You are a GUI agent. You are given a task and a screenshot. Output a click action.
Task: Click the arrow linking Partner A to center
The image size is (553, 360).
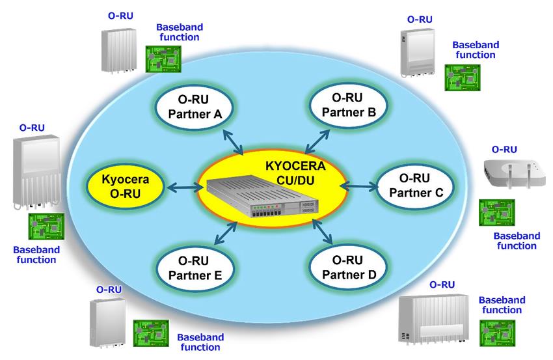232,141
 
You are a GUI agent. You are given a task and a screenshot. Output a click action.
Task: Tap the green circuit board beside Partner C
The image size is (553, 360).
496,213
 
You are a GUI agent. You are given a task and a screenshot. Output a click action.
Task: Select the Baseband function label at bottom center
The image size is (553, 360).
200,342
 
